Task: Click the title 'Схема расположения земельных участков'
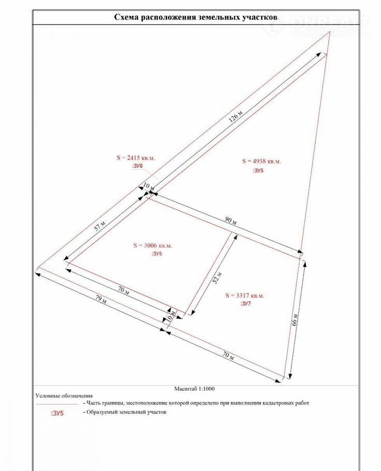[x=195, y=17]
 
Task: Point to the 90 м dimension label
[x=231, y=220]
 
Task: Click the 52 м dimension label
[x=218, y=278]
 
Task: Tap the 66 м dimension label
[x=294, y=318]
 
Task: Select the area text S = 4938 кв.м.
[x=261, y=161]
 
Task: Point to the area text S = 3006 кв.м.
[x=152, y=245]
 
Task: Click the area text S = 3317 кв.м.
[x=245, y=296]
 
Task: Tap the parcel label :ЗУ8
[x=137, y=166]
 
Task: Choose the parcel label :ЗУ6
[x=156, y=254]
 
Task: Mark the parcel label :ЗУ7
[x=246, y=304]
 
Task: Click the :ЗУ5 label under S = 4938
[x=258, y=170]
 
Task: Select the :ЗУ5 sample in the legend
[x=57, y=413]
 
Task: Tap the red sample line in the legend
[x=57, y=403]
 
